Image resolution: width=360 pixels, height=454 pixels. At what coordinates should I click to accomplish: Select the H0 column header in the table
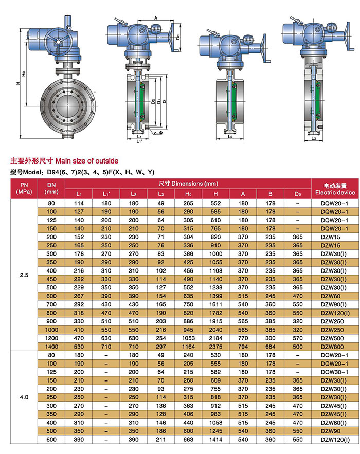[188, 194]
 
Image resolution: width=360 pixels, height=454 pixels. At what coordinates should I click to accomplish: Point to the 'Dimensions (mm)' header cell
[188, 184]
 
